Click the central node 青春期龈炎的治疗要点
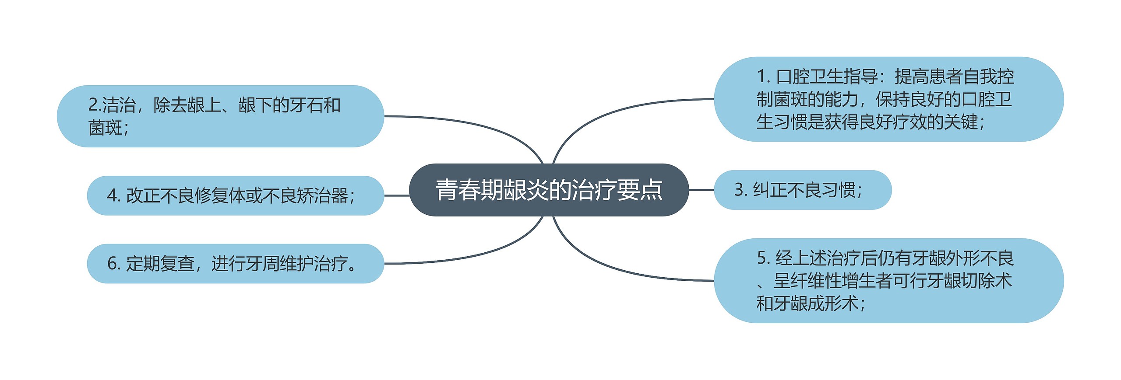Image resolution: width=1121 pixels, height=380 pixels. click(x=549, y=190)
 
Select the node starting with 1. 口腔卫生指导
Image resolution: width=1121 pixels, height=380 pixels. click(x=888, y=99)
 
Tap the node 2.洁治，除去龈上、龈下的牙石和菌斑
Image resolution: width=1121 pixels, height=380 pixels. click(x=220, y=116)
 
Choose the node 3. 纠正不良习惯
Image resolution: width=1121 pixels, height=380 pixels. click(x=802, y=190)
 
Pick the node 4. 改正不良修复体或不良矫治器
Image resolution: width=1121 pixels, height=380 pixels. click(x=235, y=195)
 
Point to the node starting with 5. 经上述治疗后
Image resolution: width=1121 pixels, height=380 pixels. click(x=888, y=281)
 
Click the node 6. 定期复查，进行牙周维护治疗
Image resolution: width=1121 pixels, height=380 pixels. click(x=235, y=264)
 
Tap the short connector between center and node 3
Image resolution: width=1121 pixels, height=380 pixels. click(x=701, y=190)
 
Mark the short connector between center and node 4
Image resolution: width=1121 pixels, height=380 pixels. click(x=396, y=195)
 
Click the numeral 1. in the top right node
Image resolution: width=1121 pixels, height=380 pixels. click(x=763, y=77)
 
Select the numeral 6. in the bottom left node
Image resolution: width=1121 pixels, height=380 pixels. click(x=113, y=264)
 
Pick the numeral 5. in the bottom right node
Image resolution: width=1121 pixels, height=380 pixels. click(x=763, y=258)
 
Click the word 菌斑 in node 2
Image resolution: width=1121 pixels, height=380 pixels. click(x=106, y=128)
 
